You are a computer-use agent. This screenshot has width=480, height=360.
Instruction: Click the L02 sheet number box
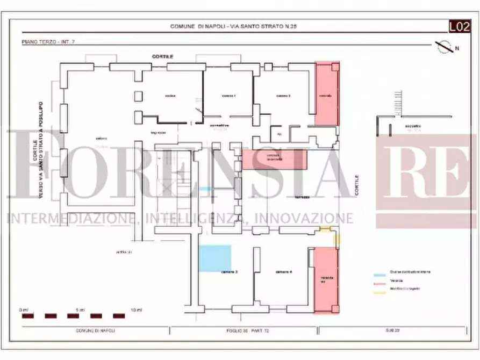coord(460,26)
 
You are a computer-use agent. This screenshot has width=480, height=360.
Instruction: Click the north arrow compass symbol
coord(445,47)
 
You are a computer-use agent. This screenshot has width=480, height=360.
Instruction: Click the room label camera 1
coord(228,96)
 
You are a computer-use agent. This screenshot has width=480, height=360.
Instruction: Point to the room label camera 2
coord(283,96)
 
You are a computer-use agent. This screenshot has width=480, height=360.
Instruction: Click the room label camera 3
coord(229,272)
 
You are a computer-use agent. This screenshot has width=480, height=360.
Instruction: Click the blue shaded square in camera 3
coord(215,257)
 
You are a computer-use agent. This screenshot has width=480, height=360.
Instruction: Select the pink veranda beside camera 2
coord(327,93)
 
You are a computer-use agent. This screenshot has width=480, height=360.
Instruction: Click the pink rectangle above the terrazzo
coord(274,160)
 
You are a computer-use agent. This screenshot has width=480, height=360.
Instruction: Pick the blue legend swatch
coord(379,272)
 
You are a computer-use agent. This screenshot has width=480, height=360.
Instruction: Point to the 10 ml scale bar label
coord(137,310)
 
